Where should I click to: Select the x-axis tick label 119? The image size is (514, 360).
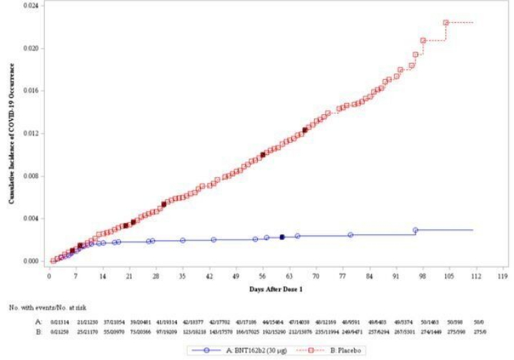(502, 274)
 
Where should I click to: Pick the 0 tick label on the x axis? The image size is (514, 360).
(49, 274)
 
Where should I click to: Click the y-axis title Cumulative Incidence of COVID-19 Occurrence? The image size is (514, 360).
(12, 134)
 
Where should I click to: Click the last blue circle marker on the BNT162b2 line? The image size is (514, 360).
(415, 231)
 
